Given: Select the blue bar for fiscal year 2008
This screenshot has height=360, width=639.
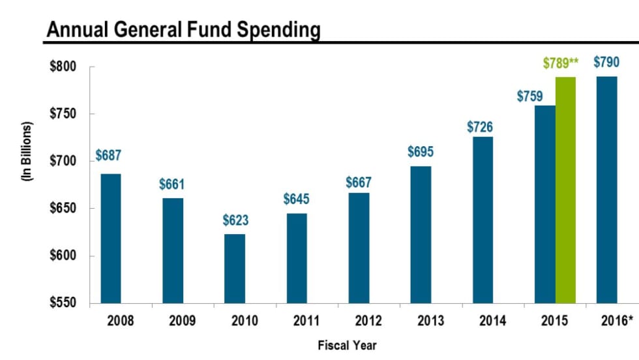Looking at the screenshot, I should [111, 238].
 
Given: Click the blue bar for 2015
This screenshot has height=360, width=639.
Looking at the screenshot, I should [545, 204].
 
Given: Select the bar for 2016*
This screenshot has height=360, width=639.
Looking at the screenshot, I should [606, 190].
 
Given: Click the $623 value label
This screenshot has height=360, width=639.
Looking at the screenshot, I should [235, 221].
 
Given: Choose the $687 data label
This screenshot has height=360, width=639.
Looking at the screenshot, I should [108, 156].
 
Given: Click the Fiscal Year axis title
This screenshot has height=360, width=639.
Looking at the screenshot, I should [347, 345].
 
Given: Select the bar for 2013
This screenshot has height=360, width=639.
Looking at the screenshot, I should [421, 235].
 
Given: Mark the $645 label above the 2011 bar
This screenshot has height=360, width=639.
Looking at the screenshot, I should [296, 199].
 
